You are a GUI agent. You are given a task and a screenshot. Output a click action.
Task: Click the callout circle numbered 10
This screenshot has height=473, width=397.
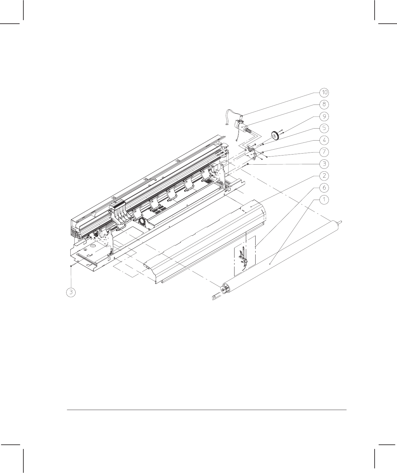click(324, 93)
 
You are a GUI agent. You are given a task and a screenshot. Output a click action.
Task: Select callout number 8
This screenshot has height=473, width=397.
click(324, 105)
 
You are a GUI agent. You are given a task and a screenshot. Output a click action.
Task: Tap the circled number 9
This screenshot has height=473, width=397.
click(324, 117)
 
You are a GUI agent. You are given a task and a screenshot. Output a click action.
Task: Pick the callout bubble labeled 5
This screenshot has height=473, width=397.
click(324, 128)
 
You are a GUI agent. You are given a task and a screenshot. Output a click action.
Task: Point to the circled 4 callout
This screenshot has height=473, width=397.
click(324, 140)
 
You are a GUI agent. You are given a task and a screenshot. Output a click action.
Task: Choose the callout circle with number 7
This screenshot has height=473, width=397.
click(324, 152)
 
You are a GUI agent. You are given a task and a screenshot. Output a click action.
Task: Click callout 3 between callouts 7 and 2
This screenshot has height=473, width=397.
click(324, 164)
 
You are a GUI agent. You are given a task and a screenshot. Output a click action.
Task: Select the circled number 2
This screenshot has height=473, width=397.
click(324, 176)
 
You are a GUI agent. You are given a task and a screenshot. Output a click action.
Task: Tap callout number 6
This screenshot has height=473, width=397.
click(324, 188)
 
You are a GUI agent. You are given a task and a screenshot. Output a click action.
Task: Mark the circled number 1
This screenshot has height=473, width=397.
click(324, 200)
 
